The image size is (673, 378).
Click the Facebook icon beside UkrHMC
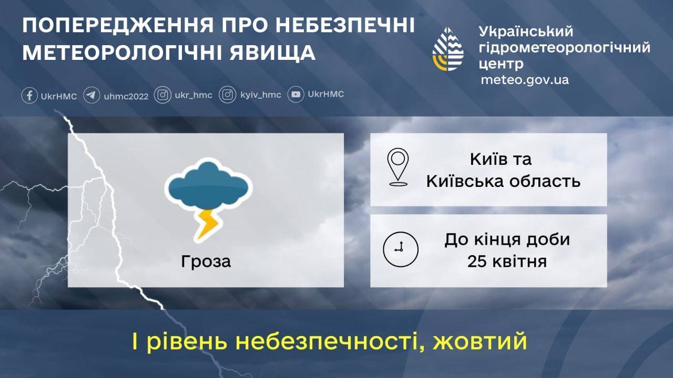29,96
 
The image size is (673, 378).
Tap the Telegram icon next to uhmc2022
91,95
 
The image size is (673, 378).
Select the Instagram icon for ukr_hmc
162,95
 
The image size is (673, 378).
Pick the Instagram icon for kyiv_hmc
228,95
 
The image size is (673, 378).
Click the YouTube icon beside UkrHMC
295,94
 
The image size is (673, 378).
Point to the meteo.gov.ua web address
525,80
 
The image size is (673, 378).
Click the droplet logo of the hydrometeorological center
447,49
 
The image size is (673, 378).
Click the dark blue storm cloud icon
208,185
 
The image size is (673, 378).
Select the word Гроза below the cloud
206,261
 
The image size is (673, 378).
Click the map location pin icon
398,167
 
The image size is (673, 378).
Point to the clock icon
401,249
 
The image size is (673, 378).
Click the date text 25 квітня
507,261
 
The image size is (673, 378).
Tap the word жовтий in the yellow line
480,341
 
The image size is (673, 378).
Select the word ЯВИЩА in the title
272,52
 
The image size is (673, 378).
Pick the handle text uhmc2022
126,96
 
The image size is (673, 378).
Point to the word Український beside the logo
526,31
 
